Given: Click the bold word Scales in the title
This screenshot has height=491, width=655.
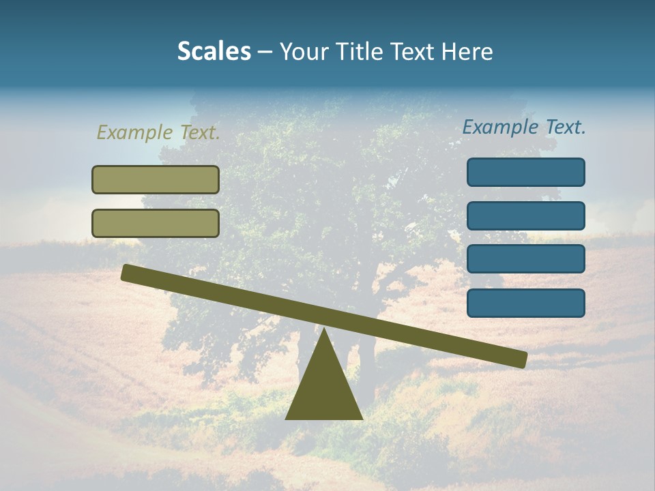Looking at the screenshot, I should click(214, 51).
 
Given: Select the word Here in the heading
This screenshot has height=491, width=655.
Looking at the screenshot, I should click(467, 51).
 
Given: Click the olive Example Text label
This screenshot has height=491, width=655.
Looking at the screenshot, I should click(158, 132).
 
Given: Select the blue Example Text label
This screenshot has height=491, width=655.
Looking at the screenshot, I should click(524, 127).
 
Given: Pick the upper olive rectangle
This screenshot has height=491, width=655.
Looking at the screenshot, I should click(156, 179).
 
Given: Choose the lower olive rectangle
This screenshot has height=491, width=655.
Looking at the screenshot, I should click(156, 223).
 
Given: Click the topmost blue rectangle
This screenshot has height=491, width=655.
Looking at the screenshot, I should click(525, 172).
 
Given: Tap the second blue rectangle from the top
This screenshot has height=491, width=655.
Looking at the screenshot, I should click(525, 215).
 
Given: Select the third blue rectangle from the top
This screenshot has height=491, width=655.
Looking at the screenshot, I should click(525, 259).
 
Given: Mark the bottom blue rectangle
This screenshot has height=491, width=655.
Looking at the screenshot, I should click(525, 303).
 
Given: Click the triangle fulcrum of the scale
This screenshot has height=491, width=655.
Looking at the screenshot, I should click(323, 385).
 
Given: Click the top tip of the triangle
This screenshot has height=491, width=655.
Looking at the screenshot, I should click(324, 331).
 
